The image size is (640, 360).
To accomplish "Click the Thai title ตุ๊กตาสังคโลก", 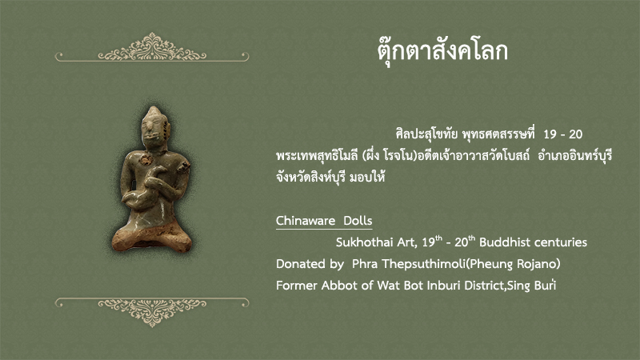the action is click(x=442, y=52).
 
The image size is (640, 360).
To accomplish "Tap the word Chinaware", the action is click(x=306, y=221).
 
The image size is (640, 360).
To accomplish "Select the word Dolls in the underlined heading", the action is click(x=358, y=221).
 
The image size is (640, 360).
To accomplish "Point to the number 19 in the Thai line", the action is click(x=550, y=134).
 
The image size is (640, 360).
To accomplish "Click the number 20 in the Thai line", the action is click(x=575, y=134).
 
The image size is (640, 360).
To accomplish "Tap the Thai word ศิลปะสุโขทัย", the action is click(x=426, y=134).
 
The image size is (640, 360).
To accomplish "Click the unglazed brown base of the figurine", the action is click(x=152, y=237).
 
